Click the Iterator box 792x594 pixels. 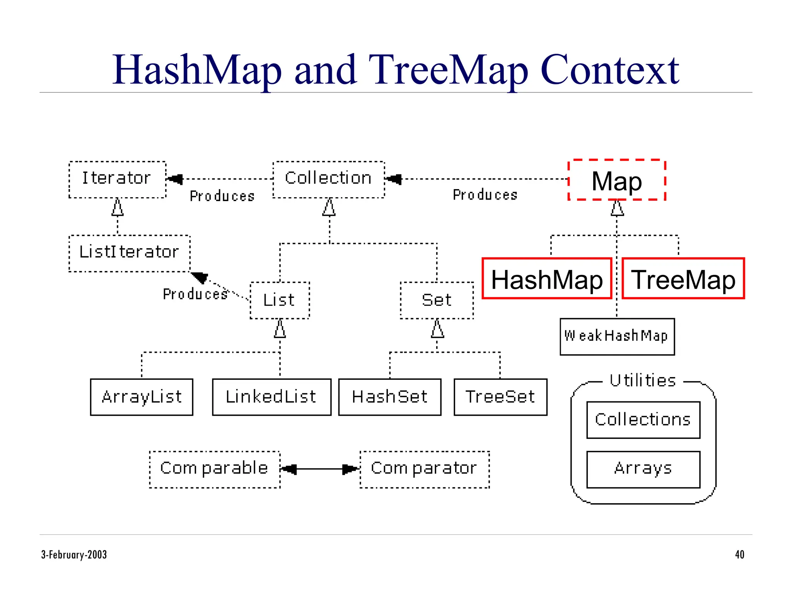click(x=117, y=179)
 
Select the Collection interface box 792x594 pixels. click(x=329, y=179)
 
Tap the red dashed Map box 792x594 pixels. click(x=617, y=180)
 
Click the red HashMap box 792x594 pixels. click(x=547, y=279)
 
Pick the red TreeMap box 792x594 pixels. click(x=683, y=279)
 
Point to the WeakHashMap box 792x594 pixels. click(x=617, y=336)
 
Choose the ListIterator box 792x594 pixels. click(x=129, y=253)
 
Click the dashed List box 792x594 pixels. click(x=280, y=300)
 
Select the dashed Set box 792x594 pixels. click(x=437, y=300)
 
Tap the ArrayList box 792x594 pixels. click(x=142, y=397)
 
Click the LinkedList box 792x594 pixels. click(x=271, y=397)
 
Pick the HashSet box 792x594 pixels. click(x=389, y=397)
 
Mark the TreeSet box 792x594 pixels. click(x=500, y=397)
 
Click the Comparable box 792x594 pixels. click(x=215, y=469)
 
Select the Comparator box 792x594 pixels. click(x=424, y=469)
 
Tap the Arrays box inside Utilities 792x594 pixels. click(x=643, y=469)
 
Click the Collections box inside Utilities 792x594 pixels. click(x=643, y=420)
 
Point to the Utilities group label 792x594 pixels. click(x=643, y=381)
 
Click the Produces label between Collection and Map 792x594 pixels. click(x=485, y=195)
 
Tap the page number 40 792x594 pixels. click(x=739, y=555)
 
